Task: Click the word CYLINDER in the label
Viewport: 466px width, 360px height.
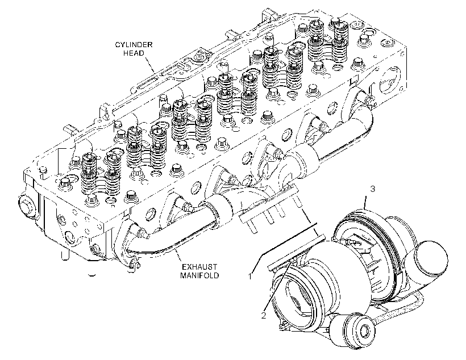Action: (x=134, y=45)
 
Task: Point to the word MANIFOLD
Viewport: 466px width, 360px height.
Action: (x=199, y=275)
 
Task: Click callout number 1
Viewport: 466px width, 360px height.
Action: (x=250, y=277)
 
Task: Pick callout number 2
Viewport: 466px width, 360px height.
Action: (x=264, y=316)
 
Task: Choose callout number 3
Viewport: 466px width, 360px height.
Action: (x=372, y=189)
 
